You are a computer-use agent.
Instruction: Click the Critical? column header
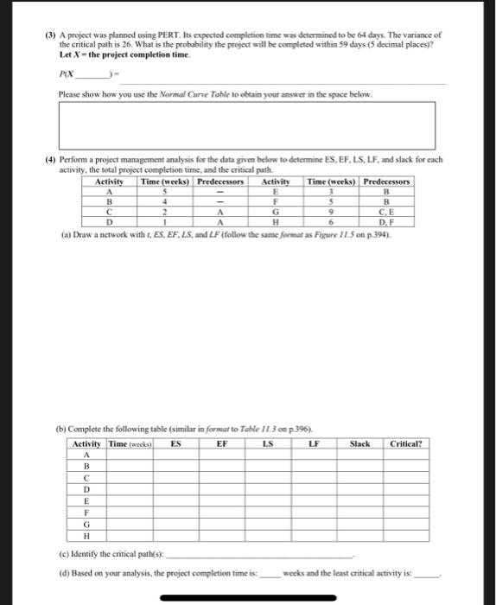pyautogui.click(x=405, y=443)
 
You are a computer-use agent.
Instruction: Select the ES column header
pyautogui.click(x=176, y=443)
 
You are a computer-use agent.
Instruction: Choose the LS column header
pyautogui.click(x=268, y=443)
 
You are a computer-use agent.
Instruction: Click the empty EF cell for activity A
pyautogui.click(x=222, y=455)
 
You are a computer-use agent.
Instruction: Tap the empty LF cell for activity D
pyautogui.click(x=314, y=489)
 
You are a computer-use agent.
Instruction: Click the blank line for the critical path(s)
pyautogui.click(x=259, y=554)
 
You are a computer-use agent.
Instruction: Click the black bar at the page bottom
pyautogui.click(x=249, y=595)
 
